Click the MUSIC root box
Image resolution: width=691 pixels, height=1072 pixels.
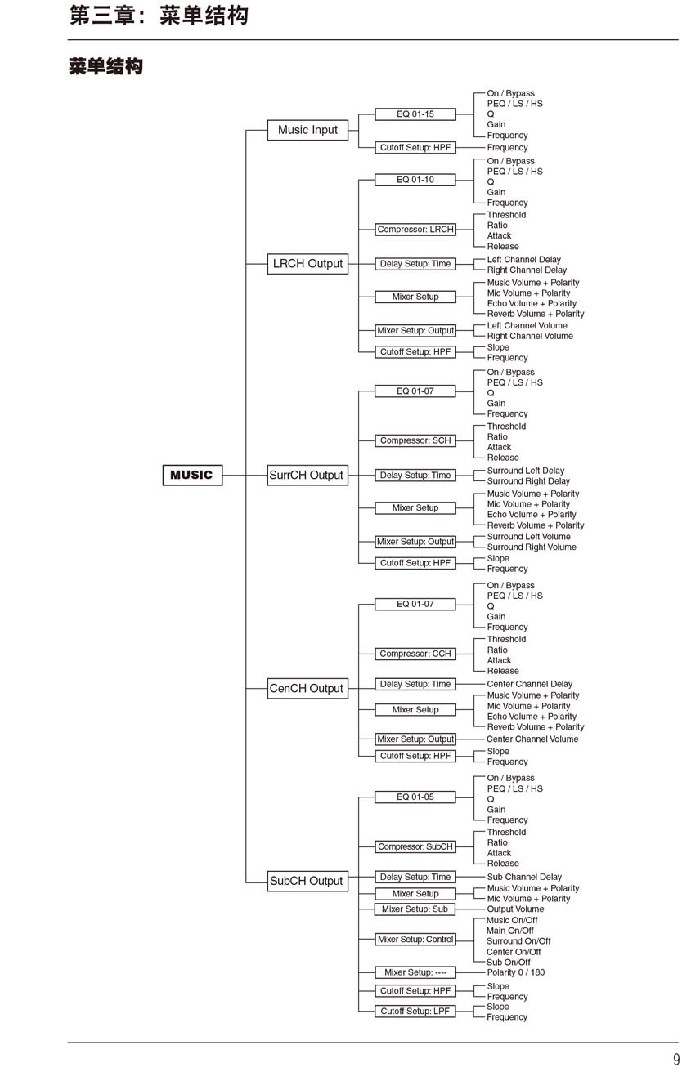coord(191,475)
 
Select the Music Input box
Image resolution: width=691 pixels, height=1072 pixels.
coord(307,130)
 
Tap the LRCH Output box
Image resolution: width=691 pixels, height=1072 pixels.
coord(307,264)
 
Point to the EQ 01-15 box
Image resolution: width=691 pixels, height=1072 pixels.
coord(415,114)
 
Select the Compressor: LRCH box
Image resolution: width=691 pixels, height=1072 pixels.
coord(415,230)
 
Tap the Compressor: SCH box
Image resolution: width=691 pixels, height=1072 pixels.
coord(415,440)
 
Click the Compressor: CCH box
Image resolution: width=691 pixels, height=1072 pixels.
coord(415,654)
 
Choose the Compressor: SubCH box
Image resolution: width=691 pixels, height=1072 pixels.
coord(415,846)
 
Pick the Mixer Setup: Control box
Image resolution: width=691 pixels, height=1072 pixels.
coord(415,940)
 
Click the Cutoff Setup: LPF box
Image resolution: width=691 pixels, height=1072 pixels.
coord(415,1012)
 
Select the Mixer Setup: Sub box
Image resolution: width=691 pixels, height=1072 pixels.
coord(415,909)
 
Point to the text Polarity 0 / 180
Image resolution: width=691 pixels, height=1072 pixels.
coord(515,972)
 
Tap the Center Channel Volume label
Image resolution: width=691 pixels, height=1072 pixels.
coord(532,739)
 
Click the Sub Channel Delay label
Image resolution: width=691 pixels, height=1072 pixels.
coord(524,877)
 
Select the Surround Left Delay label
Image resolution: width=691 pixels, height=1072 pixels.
coord(526,471)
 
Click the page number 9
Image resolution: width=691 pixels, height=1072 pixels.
coord(676,1060)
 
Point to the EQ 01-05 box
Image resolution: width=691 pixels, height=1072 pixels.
coord(415,797)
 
